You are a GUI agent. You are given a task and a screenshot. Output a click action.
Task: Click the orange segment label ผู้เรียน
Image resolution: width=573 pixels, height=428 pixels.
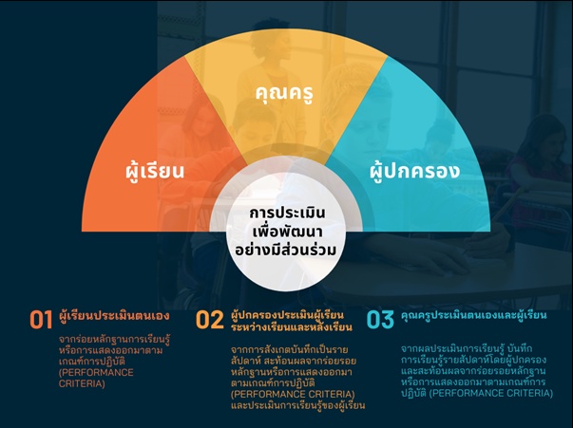tap(154, 171)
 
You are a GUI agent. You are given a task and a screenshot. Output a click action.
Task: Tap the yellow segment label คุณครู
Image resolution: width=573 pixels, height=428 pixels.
tap(284, 93)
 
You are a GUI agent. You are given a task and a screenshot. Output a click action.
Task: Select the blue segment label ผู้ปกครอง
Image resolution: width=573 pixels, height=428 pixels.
tap(414, 171)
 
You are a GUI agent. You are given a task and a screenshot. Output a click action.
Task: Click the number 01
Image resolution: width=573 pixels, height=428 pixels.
tap(41, 320)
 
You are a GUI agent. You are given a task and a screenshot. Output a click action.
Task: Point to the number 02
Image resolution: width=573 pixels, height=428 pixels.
tap(210, 320)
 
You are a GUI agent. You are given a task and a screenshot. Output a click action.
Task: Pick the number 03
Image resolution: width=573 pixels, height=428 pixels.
tap(380, 320)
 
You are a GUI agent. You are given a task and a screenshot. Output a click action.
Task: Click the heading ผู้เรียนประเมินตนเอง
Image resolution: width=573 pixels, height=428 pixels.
tap(114, 315)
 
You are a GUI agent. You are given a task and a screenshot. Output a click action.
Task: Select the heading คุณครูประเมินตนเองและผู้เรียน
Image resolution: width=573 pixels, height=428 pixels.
tap(474, 315)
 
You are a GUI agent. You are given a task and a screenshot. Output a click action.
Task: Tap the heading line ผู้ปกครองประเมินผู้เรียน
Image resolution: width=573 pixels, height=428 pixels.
tap(288, 314)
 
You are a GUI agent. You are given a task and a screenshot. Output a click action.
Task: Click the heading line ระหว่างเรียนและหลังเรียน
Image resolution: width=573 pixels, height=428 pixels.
tap(292, 326)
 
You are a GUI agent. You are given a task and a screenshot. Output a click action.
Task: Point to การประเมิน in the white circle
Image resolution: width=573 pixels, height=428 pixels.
tap(287, 214)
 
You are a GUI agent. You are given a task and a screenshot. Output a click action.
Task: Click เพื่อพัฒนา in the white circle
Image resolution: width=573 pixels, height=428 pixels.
tap(288, 233)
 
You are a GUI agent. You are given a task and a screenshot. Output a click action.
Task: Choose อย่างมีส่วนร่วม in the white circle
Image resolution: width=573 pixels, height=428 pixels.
tap(285, 251)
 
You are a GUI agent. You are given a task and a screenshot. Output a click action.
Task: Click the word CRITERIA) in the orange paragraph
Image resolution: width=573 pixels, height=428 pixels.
tap(82, 383)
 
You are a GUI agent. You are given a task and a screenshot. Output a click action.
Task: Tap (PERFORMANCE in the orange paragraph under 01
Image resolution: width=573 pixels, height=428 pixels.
tap(96, 373)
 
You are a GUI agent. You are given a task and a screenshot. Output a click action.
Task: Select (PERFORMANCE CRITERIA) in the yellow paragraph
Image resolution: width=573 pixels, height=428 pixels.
tap(293, 395)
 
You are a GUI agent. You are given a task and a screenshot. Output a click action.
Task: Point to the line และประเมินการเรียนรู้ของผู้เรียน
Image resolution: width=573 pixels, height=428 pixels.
tap(297, 406)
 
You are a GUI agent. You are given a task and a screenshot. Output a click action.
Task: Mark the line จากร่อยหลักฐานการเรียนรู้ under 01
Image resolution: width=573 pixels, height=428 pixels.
tap(115, 340)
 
